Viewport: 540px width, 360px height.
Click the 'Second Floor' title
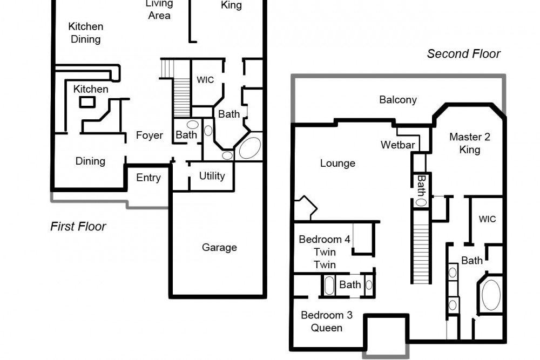(x=463, y=53)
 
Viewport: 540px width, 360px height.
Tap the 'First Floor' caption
(x=78, y=226)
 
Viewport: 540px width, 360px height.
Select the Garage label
(x=219, y=247)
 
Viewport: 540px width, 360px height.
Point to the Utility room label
(x=212, y=176)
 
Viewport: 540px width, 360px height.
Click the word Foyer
(x=150, y=135)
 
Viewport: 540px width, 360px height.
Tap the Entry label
(x=148, y=178)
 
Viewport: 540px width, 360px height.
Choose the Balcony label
(x=398, y=100)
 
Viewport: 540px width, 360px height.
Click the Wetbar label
(x=398, y=145)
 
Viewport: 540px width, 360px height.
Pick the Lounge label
(x=337, y=163)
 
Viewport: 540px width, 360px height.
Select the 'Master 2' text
(x=470, y=137)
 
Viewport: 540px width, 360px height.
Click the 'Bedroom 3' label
(x=327, y=315)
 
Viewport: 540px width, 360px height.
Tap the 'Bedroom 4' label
(x=325, y=239)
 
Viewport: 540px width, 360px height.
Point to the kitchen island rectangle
(x=87, y=102)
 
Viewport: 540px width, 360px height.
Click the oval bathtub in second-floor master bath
(x=491, y=295)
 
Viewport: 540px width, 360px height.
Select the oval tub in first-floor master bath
(x=249, y=148)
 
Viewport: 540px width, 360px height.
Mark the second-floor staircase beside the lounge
(x=421, y=247)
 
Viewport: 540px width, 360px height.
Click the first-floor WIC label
(x=205, y=80)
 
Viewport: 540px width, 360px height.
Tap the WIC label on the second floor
(x=487, y=219)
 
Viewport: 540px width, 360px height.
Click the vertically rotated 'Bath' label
(x=421, y=186)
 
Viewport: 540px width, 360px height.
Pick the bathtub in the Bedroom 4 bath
(x=329, y=286)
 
